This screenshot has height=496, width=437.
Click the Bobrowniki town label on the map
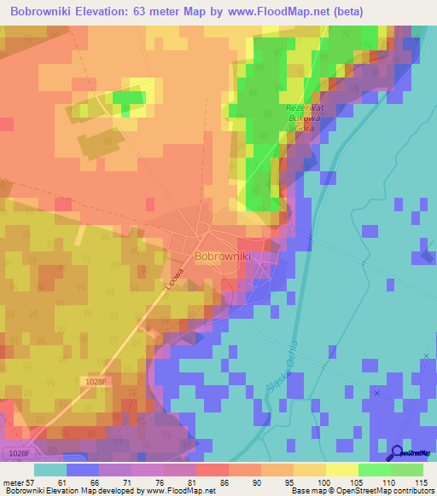pos(223,255)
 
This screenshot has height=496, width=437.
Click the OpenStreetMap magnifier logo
pos(395,454)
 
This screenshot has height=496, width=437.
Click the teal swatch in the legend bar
pos(50,470)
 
